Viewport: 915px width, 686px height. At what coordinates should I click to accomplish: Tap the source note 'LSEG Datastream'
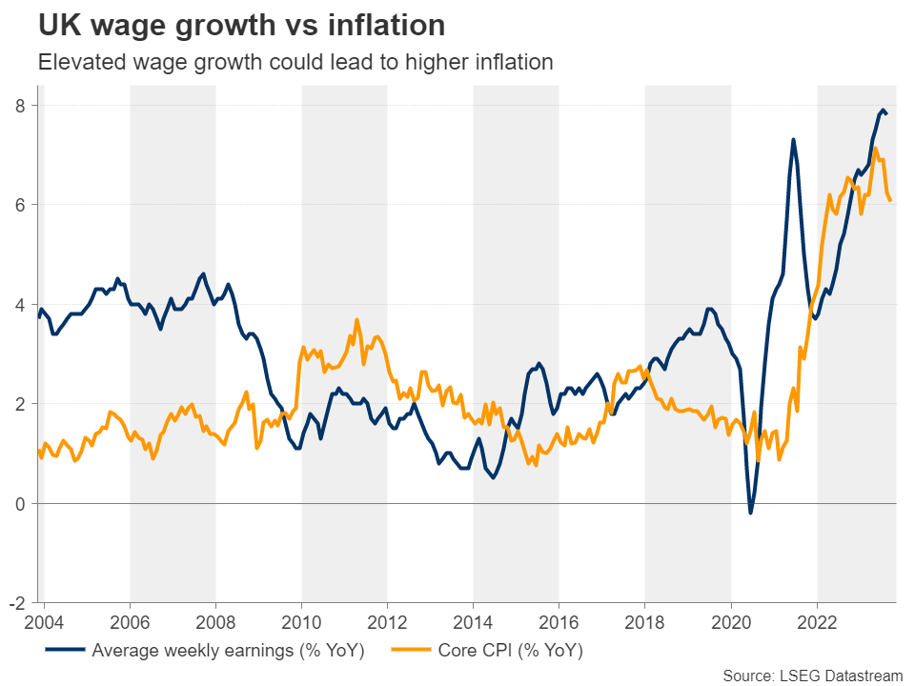(839, 675)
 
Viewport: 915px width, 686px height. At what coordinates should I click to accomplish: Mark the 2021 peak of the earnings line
(793, 140)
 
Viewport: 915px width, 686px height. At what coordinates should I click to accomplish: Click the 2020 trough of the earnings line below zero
(751, 514)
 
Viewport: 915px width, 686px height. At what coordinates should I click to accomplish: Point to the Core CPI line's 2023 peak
(875, 148)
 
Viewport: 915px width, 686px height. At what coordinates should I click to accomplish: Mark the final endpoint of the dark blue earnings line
(888, 114)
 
